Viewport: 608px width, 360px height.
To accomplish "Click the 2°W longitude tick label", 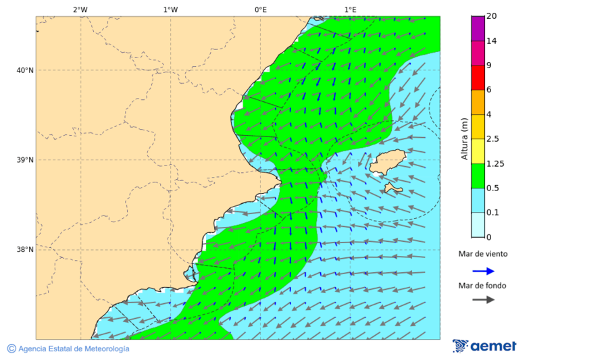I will [x=80, y=9].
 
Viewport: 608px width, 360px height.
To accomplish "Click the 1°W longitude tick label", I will [x=170, y=9].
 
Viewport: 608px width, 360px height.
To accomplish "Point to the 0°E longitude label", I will [x=260, y=9].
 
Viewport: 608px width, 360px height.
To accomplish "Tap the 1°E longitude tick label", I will [x=350, y=9].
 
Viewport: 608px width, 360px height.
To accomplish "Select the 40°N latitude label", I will [x=25, y=70].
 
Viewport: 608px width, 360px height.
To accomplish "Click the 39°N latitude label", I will [x=25, y=160].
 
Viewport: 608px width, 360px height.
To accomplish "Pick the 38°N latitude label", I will [x=25, y=250].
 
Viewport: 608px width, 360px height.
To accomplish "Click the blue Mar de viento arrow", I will [x=484, y=271].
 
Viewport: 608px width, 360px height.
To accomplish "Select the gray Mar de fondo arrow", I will [x=484, y=300].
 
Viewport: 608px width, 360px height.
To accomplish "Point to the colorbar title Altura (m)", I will [x=464, y=138].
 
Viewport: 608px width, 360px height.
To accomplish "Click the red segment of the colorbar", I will [x=478, y=78].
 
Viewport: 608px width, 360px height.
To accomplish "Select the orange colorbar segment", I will [x=478, y=102].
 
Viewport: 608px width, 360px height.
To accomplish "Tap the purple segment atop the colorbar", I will [x=478, y=28].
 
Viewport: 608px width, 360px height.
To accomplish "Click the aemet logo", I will [x=484, y=346].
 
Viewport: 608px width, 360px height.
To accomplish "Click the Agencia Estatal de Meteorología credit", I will [x=68, y=349].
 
